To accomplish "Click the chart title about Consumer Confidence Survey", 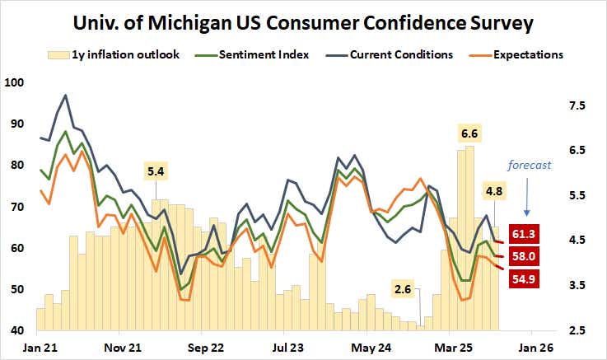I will [303, 23].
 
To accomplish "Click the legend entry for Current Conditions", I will [401, 55].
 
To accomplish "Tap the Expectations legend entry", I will [528, 55].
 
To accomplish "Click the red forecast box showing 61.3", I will [529, 235].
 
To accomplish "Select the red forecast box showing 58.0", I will [529, 258].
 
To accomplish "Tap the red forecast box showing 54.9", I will [529, 280].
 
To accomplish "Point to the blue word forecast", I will [528, 164].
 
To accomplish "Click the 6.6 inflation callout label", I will [469, 133].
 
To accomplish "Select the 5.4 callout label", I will [156, 171].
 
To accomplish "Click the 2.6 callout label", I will [404, 289].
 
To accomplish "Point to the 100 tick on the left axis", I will [15, 82].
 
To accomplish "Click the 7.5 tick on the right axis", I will [576, 105].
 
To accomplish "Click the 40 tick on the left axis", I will [17, 330].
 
